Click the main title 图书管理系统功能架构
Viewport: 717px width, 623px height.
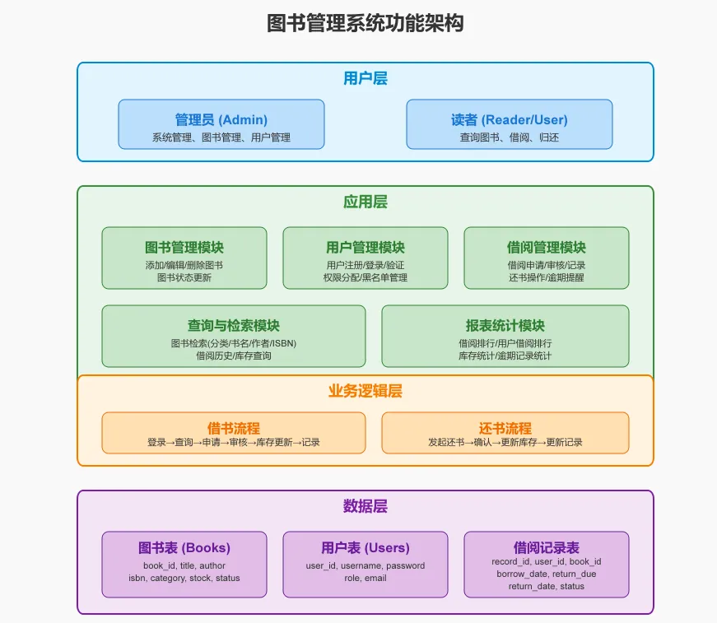[365, 23]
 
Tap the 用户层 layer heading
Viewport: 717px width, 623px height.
[365, 78]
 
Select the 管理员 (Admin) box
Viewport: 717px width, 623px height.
[221, 124]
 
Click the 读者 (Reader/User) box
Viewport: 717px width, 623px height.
[510, 124]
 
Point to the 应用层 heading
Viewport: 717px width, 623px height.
[365, 202]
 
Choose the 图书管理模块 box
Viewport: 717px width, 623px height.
[184, 258]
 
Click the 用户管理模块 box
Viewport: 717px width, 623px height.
[365, 258]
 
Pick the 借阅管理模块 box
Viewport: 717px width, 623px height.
[547, 258]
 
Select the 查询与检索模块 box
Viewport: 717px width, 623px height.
[234, 336]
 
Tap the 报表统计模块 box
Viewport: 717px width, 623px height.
[505, 336]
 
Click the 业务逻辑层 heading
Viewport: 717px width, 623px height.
[365, 391]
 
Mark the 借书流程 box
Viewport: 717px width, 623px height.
[234, 433]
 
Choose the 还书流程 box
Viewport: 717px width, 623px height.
[505, 433]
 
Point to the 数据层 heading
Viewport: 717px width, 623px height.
[365, 506]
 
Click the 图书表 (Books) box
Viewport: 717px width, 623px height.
[184, 565]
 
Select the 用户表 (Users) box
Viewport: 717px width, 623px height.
[365, 565]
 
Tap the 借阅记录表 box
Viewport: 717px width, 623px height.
[547, 565]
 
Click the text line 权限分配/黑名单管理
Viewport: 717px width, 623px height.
[365, 277]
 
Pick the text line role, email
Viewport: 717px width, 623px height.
[365, 579]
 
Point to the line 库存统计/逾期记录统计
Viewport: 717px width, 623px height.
[505, 356]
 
